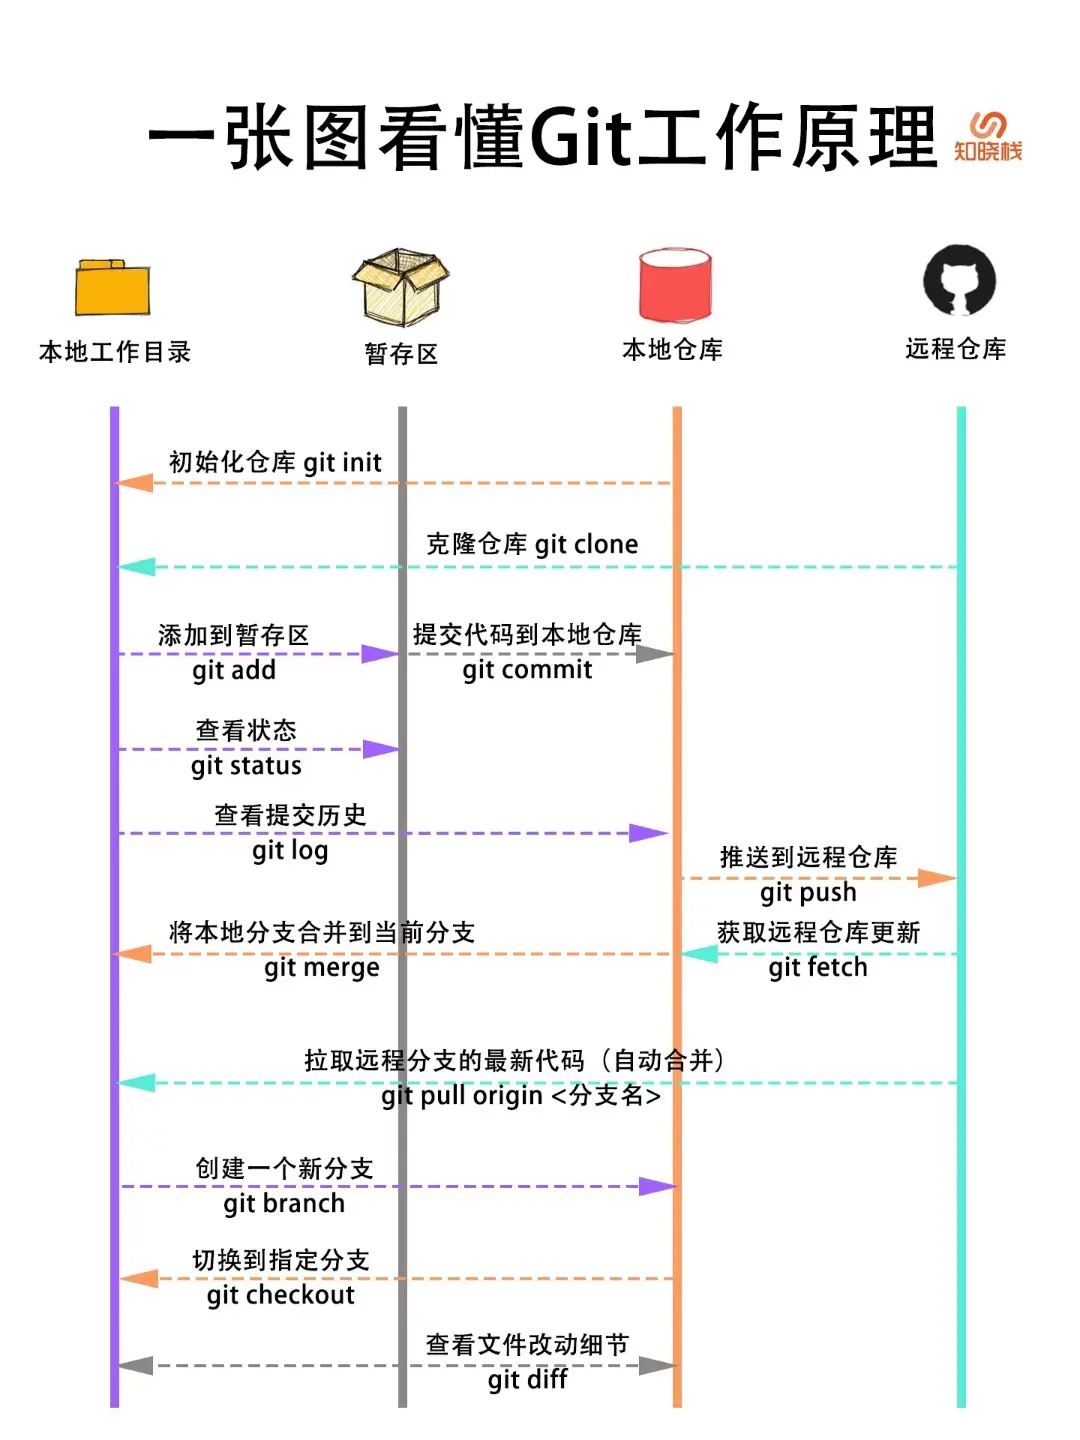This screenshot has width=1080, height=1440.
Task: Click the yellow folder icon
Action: pos(112,288)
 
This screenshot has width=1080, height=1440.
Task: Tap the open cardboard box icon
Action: pos(400,287)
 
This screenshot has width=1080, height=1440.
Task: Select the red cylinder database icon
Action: pos(675,285)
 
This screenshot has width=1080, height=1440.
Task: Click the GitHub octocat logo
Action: pos(959,281)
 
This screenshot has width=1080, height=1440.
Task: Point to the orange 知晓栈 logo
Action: pos(988,137)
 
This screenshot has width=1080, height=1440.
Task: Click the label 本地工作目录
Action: pos(115,352)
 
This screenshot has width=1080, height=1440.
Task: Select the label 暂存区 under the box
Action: pos(401,354)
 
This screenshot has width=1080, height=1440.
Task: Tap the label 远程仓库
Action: pos(955,349)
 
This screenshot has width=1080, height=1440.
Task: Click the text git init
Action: pos(342,462)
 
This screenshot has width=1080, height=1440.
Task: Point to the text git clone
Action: pos(586,544)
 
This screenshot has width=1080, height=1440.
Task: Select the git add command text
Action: pos(234,670)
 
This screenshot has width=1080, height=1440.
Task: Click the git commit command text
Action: pos(527,670)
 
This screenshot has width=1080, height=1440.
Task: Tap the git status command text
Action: pos(246,766)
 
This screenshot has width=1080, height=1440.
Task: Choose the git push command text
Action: pos(808,892)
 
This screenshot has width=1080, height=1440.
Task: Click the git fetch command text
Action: pos(818,968)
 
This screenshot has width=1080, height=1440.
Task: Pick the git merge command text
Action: pos(322,968)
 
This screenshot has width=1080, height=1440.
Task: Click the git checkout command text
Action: pos(281,1295)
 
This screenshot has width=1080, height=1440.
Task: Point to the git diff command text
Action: pos(527,1380)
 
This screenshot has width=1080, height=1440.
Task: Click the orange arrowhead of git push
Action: pos(937,878)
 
